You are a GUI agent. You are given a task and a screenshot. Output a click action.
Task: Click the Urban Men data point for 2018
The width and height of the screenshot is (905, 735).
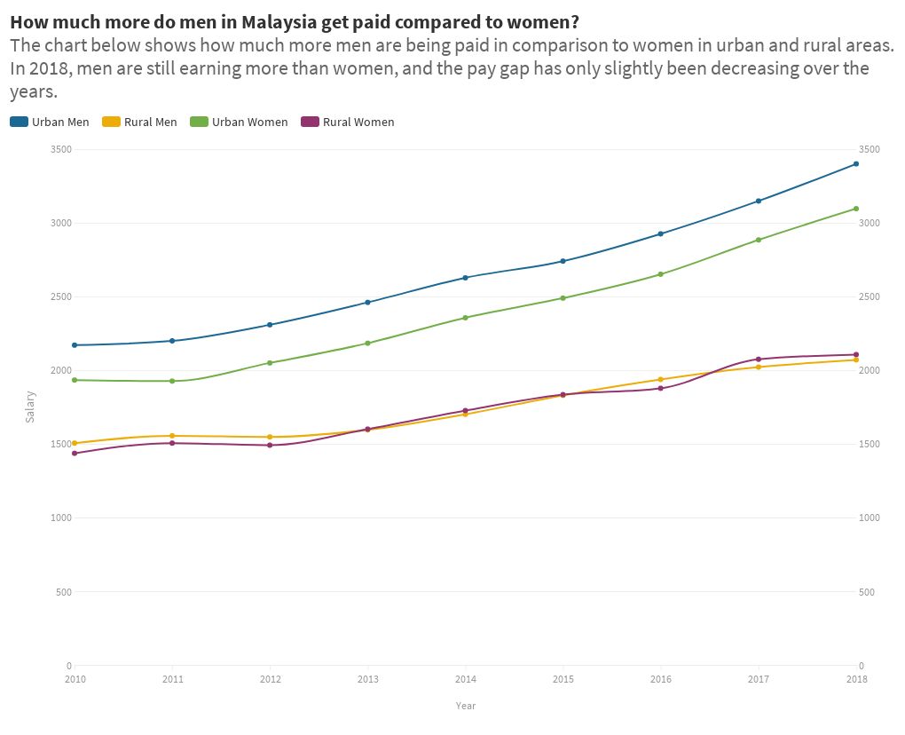tap(856, 163)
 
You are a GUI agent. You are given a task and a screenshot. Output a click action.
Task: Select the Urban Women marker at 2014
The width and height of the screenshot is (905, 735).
tap(466, 318)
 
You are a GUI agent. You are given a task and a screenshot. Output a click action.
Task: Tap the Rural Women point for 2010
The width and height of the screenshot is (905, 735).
tap(75, 454)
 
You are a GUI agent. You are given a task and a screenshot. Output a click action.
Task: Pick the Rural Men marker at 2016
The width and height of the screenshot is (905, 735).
tap(661, 379)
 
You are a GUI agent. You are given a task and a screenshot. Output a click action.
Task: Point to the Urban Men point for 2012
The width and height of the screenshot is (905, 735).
tap(270, 325)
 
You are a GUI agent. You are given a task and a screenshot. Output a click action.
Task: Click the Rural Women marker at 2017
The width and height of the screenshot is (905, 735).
tap(759, 360)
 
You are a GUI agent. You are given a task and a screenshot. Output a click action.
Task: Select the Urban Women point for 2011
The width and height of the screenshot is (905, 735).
tap(172, 381)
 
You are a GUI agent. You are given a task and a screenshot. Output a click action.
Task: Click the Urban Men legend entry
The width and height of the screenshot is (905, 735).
tap(50, 122)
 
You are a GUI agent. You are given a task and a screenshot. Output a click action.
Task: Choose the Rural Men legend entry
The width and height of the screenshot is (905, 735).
tap(140, 122)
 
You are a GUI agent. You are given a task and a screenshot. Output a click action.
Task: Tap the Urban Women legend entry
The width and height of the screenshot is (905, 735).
tap(239, 122)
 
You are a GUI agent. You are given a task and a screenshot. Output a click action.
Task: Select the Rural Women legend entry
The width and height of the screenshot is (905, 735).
tap(348, 122)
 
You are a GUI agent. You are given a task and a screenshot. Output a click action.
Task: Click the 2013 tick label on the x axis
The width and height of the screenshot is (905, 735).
tap(367, 680)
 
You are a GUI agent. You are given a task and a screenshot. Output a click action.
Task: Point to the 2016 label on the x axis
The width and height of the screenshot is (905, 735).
tap(661, 680)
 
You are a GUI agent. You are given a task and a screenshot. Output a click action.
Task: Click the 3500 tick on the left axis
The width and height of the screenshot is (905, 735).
tap(61, 149)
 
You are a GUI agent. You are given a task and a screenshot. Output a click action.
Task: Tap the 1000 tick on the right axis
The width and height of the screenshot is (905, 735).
tap(870, 518)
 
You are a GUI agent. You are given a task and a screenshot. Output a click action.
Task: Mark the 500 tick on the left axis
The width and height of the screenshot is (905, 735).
tap(64, 592)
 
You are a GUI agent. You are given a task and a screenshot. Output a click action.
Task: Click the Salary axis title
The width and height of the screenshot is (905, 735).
tap(30, 407)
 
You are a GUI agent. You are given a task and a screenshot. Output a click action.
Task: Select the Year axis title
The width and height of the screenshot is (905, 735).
tap(466, 706)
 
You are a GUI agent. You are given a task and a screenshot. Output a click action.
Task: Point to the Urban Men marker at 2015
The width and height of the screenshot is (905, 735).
tap(563, 261)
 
